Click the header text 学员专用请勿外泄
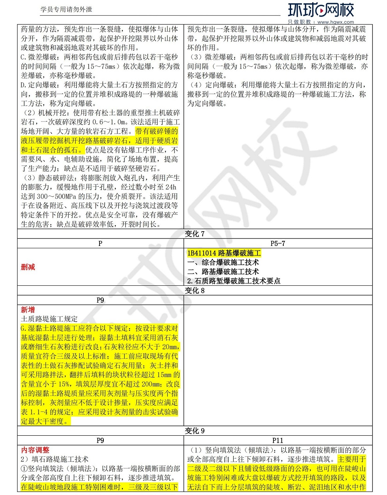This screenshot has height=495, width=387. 66,9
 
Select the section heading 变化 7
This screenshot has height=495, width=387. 194,234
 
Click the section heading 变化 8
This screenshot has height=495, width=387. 194,290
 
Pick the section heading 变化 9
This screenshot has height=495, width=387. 194,431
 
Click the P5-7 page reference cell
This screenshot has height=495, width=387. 277,243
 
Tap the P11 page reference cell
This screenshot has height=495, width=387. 277,440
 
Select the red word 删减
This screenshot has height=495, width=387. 28,267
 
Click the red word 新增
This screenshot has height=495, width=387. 28,310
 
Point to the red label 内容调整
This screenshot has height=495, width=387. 35,450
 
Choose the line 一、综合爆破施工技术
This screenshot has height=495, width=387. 223,262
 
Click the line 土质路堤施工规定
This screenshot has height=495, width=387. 49,319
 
